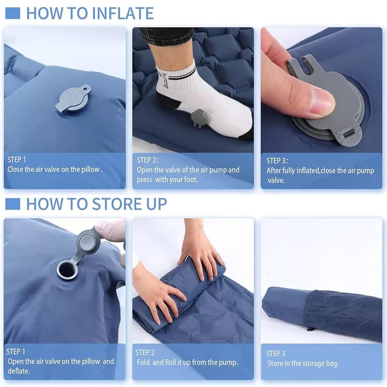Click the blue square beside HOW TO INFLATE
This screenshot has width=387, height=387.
tap(12, 13)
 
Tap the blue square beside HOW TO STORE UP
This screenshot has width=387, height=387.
tap(12, 204)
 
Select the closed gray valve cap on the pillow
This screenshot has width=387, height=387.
tap(73, 99)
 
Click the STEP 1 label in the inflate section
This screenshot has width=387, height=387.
tap(17, 159)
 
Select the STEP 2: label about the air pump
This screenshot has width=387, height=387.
tap(148, 160)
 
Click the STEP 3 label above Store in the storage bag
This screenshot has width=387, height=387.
tap(276, 353)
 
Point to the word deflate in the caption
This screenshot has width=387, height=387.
tap(18, 371)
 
